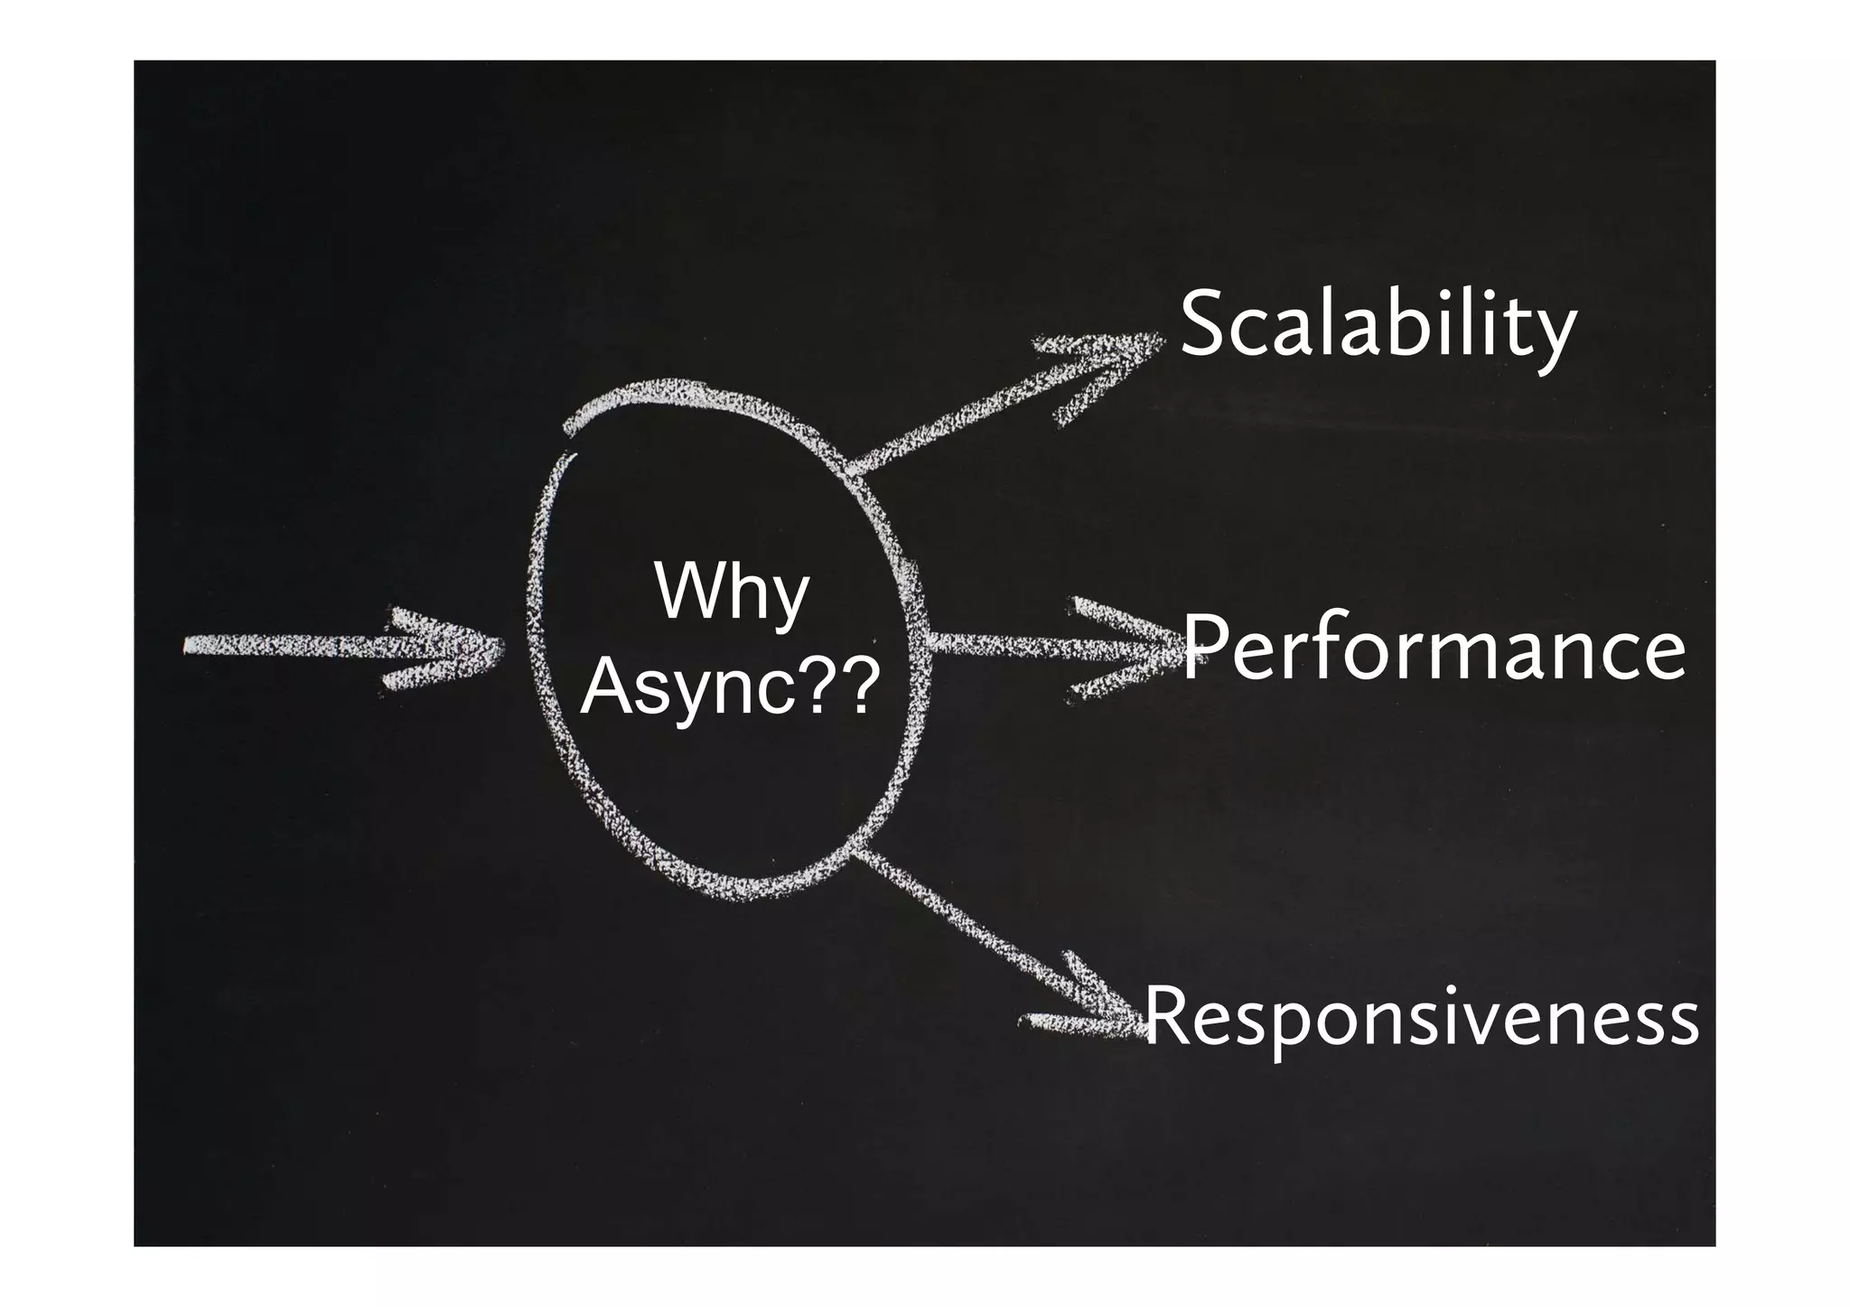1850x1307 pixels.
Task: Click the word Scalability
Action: point(1378,325)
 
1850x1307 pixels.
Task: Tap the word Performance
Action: point(1434,649)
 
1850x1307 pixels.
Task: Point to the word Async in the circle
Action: point(687,688)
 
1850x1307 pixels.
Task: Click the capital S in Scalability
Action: point(1202,325)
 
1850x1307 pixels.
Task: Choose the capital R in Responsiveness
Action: point(1171,1016)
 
